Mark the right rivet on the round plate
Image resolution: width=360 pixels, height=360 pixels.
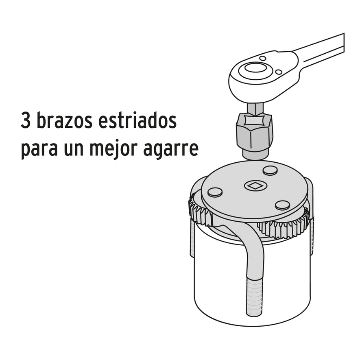[x=282, y=205]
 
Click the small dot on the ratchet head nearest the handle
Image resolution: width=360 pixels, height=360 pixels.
[x=278, y=72]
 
